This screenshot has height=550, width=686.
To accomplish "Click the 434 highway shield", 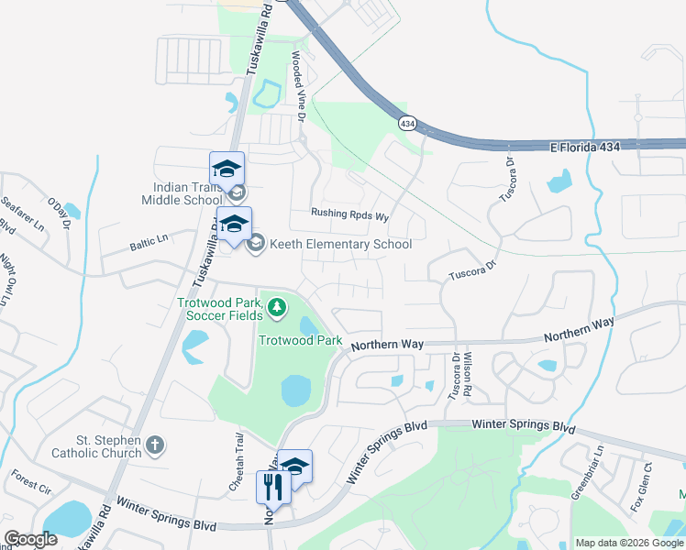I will (406, 122).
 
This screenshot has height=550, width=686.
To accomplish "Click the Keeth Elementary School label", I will (340, 244).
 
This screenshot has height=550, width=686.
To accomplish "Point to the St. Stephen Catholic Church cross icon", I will (156, 446).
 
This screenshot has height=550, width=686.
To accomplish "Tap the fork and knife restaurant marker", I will (272, 485).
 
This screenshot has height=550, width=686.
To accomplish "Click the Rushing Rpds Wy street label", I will (350, 215).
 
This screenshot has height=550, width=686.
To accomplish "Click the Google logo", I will (30, 539).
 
